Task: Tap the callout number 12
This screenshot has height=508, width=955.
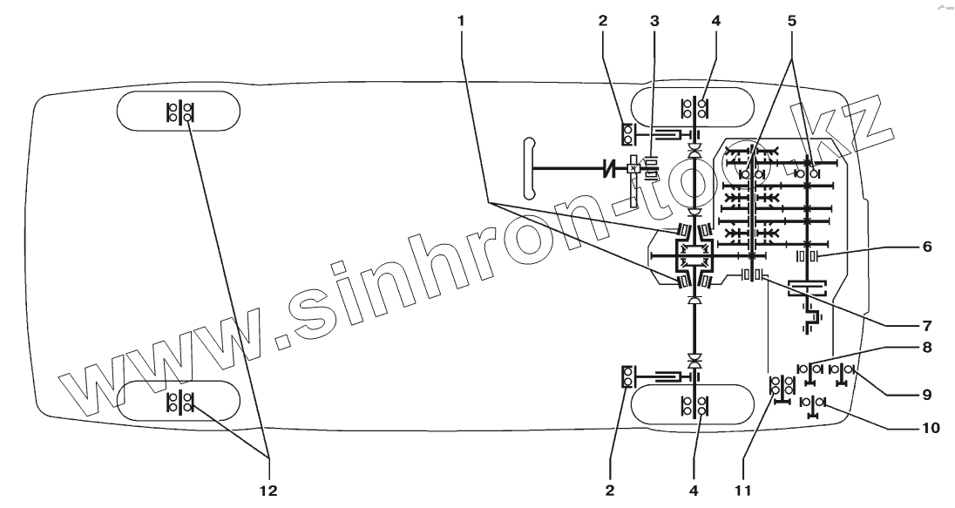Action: (269, 491)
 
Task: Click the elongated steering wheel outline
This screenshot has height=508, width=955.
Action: (526, 167)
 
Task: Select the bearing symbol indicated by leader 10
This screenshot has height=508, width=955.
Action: (813, 405)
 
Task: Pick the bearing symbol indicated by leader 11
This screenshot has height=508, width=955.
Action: (781, 386)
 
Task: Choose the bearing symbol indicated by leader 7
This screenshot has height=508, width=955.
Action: (752, 275)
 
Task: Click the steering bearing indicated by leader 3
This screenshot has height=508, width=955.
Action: (649, 165)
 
